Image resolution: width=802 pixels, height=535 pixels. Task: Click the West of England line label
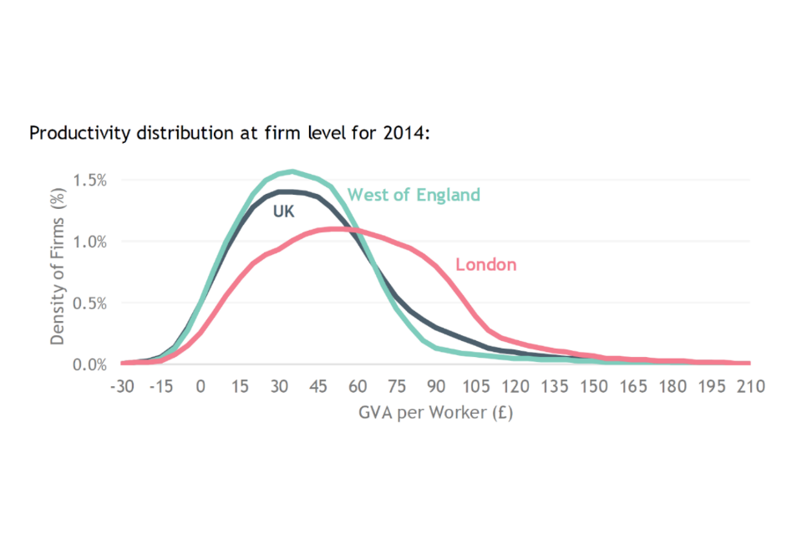point(414,195)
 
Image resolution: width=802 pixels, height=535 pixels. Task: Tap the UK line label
point(284,212)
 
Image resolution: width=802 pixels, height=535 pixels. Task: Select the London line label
point(485,265)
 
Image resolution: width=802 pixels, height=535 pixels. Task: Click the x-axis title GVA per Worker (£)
point(436,412)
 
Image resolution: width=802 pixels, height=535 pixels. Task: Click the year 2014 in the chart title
point(404,133)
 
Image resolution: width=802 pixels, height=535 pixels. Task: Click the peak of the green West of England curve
point(292,171)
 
